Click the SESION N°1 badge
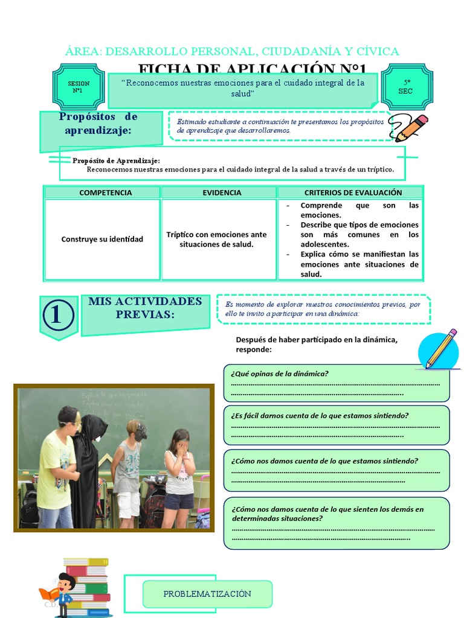pos(78,87)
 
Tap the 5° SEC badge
pos(406,86)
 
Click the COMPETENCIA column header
pos(102,193)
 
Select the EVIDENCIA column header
pos(219,193)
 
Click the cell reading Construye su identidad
pos(102,239)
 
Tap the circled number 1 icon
pos(59,316)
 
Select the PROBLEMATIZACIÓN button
pos(207,594)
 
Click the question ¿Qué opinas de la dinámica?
pos(280,374)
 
